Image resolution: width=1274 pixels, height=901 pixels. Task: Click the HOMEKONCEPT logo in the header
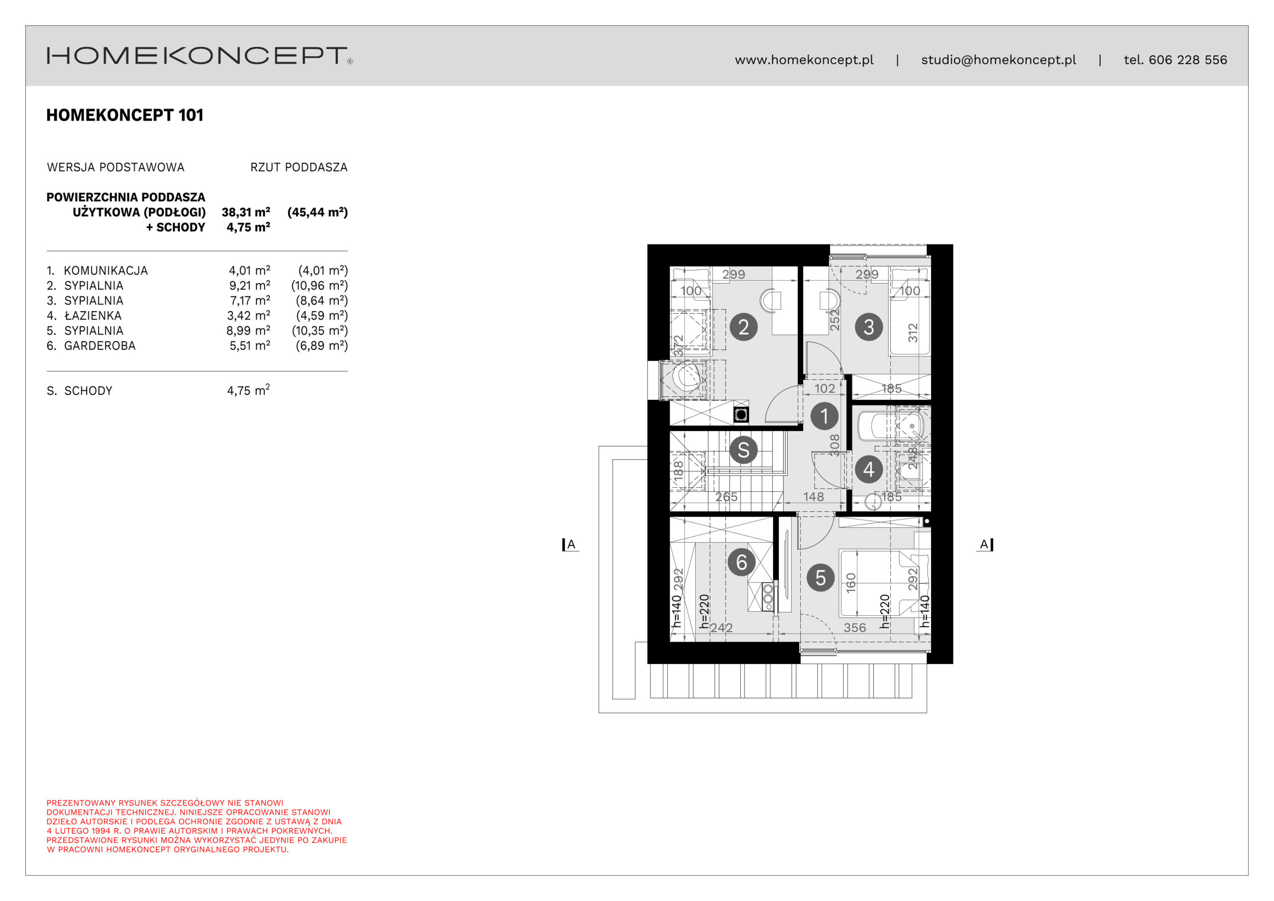pos(200,56)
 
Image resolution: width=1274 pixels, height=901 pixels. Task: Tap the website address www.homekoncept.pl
pos(804,60)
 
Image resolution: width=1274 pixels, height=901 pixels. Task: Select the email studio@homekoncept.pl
pos(998,60)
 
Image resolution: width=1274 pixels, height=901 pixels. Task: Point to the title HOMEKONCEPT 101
pos(125,115)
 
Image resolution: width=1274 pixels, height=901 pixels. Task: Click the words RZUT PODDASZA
pos(299,167)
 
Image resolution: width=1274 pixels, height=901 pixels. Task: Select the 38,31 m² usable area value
pos(246,212)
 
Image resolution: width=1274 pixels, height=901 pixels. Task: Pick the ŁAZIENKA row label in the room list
pos(93,315)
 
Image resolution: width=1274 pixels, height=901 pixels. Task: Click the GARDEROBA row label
pos(100,346)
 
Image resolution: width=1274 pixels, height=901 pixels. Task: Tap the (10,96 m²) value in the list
pos(319,285)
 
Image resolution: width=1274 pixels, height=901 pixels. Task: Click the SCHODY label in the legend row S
pos(88,391)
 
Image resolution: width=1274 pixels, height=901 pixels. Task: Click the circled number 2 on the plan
pos(743,327)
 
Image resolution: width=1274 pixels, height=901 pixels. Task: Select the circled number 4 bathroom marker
pos(868,469)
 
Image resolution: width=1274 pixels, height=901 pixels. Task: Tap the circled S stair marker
pos(743,450)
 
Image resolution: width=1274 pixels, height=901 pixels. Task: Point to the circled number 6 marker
pos(742,563)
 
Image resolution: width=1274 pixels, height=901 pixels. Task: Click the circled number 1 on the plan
pos(824,416)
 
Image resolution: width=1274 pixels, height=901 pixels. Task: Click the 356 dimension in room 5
pos(854,628)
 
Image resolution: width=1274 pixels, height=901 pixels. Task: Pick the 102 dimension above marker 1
pos(825,389)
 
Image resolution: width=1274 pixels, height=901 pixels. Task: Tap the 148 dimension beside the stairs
pos(814,497)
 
